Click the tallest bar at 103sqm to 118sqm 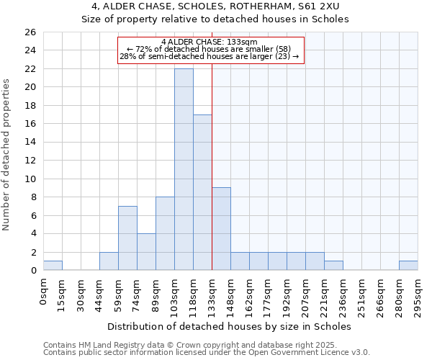[184, 169]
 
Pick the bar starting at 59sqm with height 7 [127, 238]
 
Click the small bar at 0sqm [53, 266]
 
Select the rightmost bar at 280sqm [408, 266]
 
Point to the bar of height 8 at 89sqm [165, 233]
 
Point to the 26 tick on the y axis [30, 32]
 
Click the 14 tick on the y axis [30, 143]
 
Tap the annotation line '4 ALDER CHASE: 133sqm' [210, 42]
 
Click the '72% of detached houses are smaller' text [209, 49]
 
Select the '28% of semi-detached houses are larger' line [209, 56]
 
